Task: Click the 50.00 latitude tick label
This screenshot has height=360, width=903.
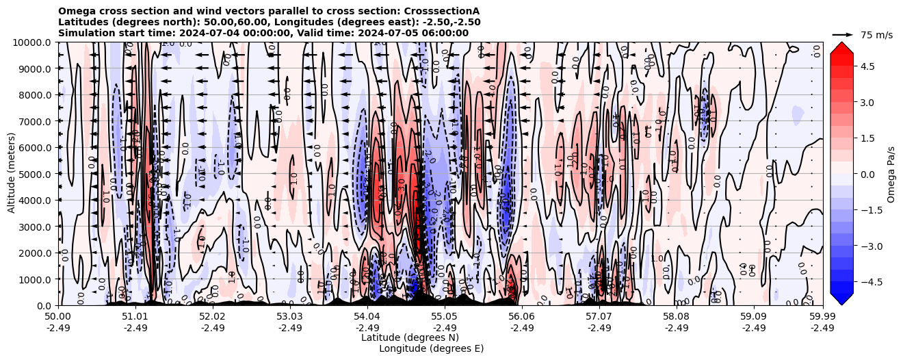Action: pos(58,318)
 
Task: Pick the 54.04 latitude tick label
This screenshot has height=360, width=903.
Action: pos(367,318)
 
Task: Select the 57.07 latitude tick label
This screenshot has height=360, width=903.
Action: pos(599,318)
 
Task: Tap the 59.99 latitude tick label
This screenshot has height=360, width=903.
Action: pos(822,318)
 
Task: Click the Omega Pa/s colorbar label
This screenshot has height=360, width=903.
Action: pos(891,174)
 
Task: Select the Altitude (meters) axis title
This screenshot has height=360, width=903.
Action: pos(12,174)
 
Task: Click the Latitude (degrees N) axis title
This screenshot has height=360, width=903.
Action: pos(410,337)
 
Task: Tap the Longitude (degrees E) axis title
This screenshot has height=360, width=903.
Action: pos(431,348)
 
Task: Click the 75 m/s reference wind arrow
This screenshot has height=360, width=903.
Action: pos(843,34)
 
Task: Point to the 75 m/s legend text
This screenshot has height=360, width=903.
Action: pos(876,34)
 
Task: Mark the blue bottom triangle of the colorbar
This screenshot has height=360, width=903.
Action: pos(841,299)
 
